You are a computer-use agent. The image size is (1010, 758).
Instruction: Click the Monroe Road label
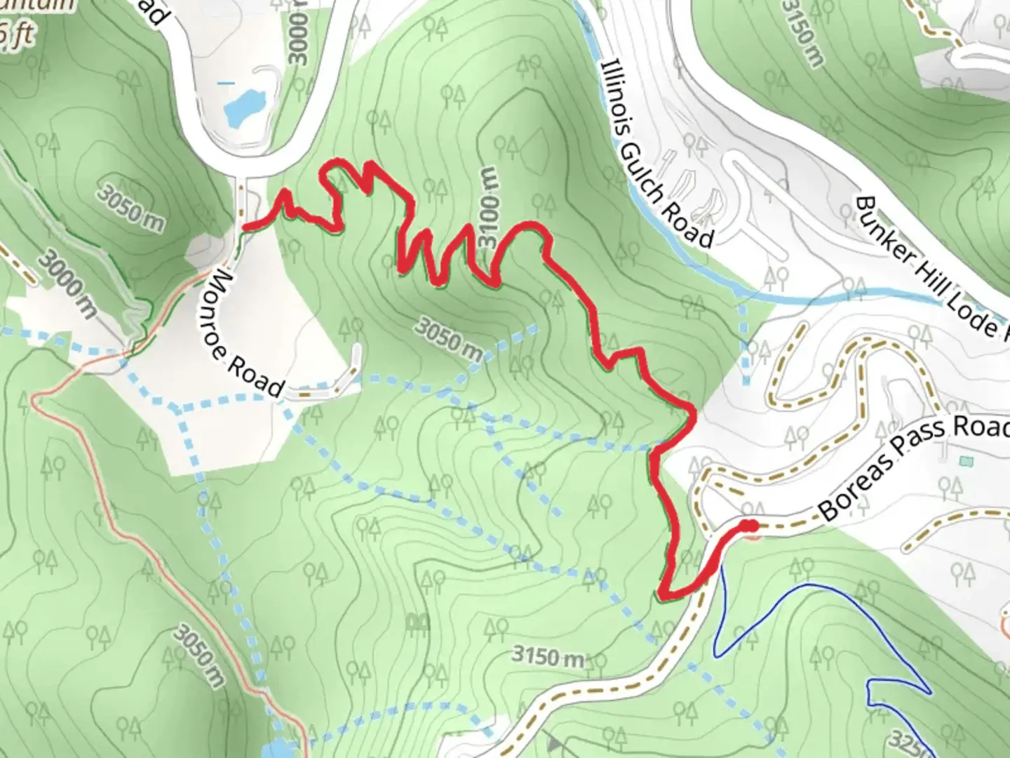tap(246, 333)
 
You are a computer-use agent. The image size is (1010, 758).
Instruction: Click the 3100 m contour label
tap(489, 207)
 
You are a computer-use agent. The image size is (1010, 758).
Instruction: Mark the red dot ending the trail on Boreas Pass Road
tap(750, 526)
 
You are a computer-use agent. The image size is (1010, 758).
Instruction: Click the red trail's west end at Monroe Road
tap(245, 226)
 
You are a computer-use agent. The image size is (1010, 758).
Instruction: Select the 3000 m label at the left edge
tap(66, 284)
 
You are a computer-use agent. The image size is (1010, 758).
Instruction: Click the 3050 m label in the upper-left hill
tap(129, 206)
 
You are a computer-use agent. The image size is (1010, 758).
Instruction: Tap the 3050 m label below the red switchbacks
tap(449, 338)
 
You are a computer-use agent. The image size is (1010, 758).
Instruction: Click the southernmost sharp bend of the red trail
tap(662, 594)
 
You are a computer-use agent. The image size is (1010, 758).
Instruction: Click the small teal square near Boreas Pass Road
tap(968, 461)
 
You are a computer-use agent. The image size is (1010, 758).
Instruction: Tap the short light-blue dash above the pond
tap(226, 83)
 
